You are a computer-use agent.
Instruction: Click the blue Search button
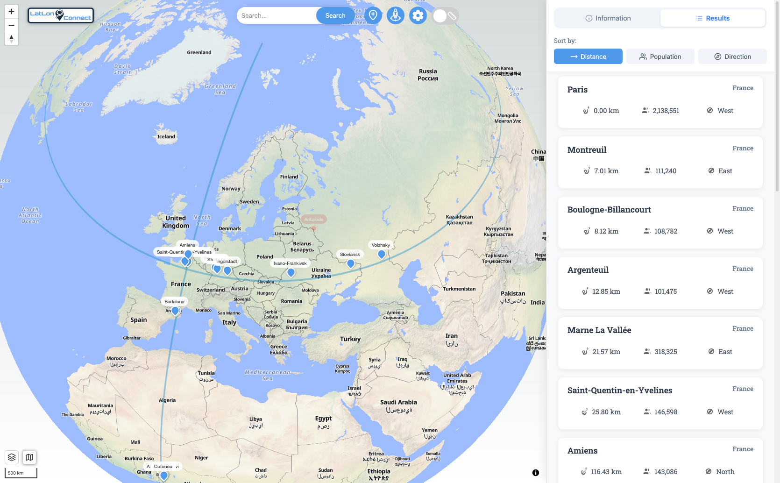click(335, 15)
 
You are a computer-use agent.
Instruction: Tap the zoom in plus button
click(12, 12)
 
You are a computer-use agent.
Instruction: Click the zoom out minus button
click(12, 25)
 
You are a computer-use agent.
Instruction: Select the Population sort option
click(660, 57)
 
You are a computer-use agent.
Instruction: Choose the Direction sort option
click(732, 57)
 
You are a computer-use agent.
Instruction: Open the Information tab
click(608, 18)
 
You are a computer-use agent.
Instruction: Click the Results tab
click(712, 18)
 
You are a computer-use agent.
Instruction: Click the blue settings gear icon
click(418, 15)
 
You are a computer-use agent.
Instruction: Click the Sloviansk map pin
click(351, 263)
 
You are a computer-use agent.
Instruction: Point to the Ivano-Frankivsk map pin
click(291, 272)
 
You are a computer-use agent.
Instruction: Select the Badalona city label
click(174, 301)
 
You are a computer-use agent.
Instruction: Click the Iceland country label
click(166, 137)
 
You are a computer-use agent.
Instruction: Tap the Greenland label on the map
click(199, 52)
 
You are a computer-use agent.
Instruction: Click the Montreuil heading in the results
click(587, 150)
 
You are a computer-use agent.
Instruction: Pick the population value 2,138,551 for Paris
click(666, 111)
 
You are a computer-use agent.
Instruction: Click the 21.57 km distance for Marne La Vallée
click(606, 352)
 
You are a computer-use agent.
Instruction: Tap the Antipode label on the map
click(313, 219)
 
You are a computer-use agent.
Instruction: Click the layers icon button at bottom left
click(12, 457)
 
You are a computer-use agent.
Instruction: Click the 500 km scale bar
click(21, 473)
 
